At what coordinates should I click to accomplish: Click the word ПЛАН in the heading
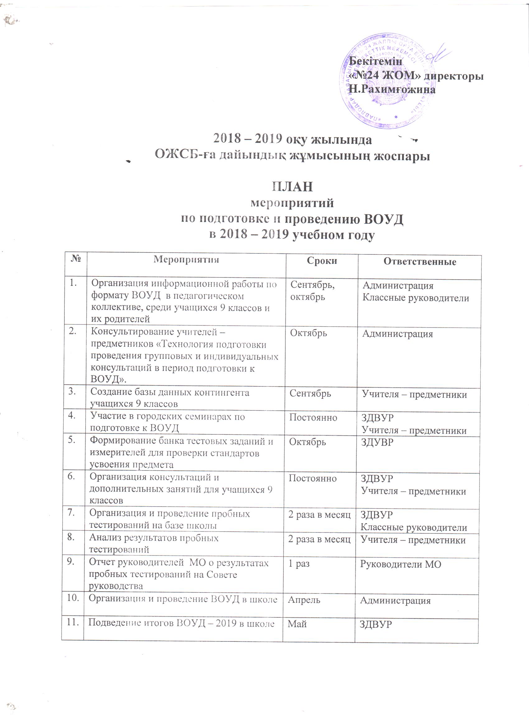coord(292,187)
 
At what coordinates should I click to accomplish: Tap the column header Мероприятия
coord(186,259)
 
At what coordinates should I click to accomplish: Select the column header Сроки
coord(322,260)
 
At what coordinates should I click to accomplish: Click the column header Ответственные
coord(419,262)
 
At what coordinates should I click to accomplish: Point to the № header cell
coord(75,258)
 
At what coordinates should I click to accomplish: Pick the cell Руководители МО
coord(400,564)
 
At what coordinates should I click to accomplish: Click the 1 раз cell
coord(299,564)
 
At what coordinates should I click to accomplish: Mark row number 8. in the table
coord(71,537)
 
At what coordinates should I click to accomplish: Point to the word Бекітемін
coord(375,61)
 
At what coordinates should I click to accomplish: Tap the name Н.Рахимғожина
coord(392,89)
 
